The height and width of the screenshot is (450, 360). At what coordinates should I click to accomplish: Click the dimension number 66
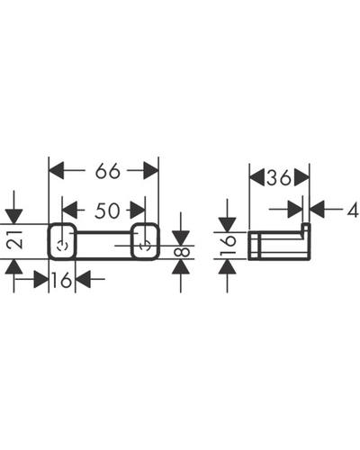(x=108, y=171)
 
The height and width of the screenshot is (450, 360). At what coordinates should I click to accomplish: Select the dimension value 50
(x=107, y=211)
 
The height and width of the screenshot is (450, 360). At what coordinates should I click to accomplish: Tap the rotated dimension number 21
(x=14, y=239)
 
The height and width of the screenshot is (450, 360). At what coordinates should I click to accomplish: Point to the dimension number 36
(x=279, y=177)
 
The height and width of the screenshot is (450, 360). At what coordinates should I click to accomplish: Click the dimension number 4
(x=353, y=209)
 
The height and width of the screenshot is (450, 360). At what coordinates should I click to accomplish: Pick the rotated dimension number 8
(x=182, y=251)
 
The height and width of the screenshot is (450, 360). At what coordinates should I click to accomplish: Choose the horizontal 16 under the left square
(x=61, y=280)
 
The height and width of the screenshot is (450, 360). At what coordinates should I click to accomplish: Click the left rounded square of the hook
(x=62, y=241)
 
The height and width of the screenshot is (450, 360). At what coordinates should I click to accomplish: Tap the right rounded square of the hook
(x=145, y=241)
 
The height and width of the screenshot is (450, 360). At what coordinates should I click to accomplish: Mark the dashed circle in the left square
(x=62, y=246)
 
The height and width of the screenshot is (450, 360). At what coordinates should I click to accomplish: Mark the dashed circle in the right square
(x=145, y=246)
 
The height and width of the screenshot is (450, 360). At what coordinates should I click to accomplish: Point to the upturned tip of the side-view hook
(x=306, y=228)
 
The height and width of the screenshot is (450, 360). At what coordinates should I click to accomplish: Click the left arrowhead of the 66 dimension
(x=57, y=171)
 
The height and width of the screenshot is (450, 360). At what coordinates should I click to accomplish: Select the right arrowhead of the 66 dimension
(x=150, y=171)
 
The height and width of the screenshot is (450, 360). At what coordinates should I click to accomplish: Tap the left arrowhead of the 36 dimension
(x=257, y=177)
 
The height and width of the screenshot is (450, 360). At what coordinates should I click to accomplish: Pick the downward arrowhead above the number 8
(x=181, y=238)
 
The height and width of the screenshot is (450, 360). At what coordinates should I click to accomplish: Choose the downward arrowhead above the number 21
(x=13, y=217)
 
